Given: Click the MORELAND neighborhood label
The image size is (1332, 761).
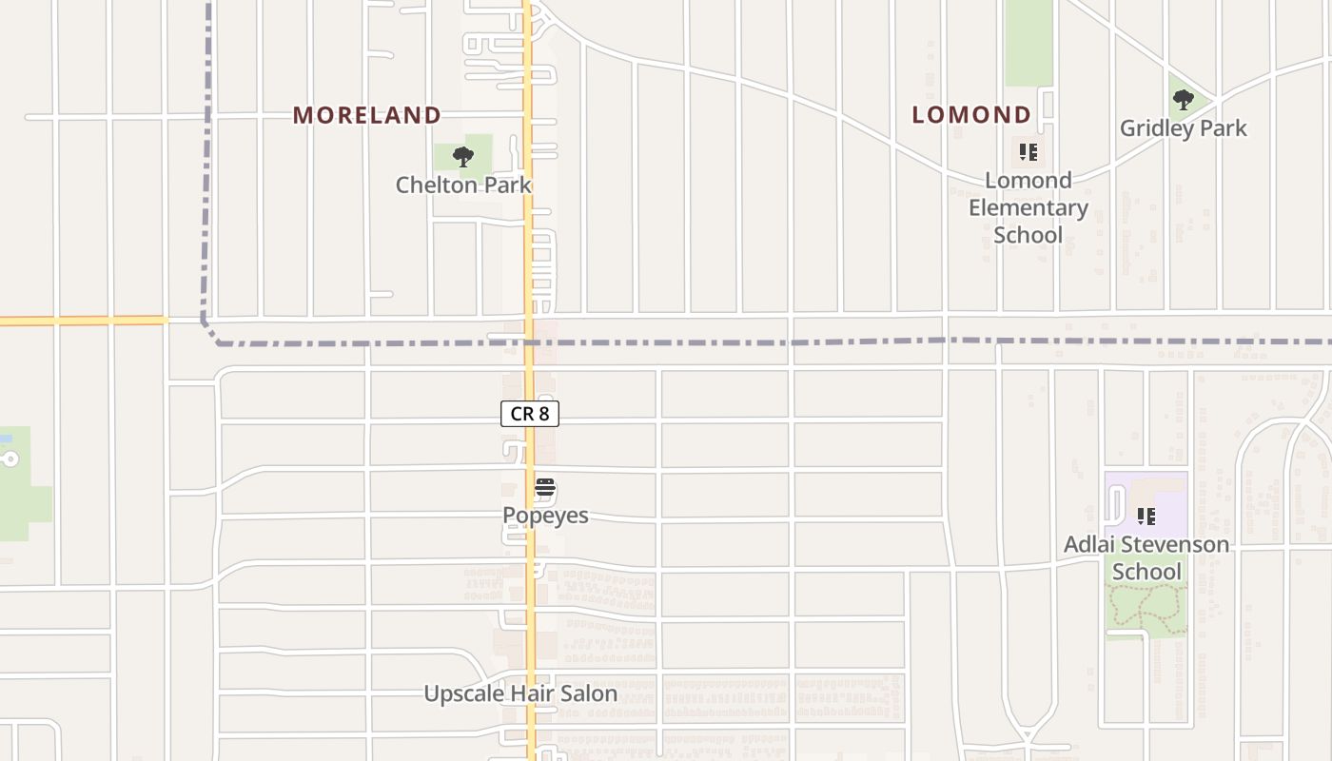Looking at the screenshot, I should pos(366,115).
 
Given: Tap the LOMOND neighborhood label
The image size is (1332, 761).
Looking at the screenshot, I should pos(971,115).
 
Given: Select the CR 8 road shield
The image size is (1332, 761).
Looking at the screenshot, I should pos(530,414).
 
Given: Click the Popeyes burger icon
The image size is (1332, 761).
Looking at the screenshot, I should pos(545,489).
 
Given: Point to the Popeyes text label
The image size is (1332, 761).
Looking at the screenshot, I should pos(545,516).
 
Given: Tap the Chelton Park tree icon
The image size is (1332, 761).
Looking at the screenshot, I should pos(463,157).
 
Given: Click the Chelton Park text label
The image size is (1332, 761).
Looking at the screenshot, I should pos(463,185).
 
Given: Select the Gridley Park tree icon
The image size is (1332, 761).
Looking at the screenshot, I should pos(1183,99).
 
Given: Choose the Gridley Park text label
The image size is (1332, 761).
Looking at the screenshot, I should pos(1183,127).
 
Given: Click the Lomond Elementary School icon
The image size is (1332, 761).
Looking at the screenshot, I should pos(1028,152).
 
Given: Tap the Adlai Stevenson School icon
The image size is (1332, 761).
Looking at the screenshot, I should pos(1146,517).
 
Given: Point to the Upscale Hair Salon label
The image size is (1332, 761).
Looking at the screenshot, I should pos(520,693).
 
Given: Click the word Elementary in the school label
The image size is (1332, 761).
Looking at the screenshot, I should pos(1028,207).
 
